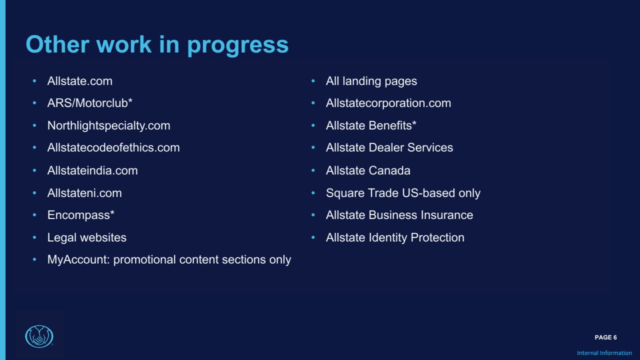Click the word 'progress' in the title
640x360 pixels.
tap(237, 45)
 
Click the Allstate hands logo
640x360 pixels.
tap(39, 336)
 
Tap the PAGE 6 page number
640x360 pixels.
tap(605, 337)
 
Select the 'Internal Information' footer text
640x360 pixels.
tap(604, 353)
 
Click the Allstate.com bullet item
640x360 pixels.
tap(79, 81)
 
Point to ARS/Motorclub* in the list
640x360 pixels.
tap(89, 103)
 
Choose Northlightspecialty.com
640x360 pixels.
tap(108, 125)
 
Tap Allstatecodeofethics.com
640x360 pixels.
tap(113, 147)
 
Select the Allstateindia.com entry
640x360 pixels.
tap(92, 170)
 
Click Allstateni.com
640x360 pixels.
tap(84, 193)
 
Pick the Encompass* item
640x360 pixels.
tap(81, 215)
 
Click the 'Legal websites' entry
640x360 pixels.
tap(87, 237)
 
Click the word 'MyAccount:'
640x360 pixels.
tap(78, 259)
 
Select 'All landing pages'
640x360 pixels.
tap(371, 81)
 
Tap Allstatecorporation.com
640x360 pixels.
tap(388, 103)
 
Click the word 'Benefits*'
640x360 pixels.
tap(392, 125)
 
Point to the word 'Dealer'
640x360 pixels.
tap(386, 147)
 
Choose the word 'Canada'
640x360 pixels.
tap(389, 170)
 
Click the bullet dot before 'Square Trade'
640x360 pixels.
tap(313, 193)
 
